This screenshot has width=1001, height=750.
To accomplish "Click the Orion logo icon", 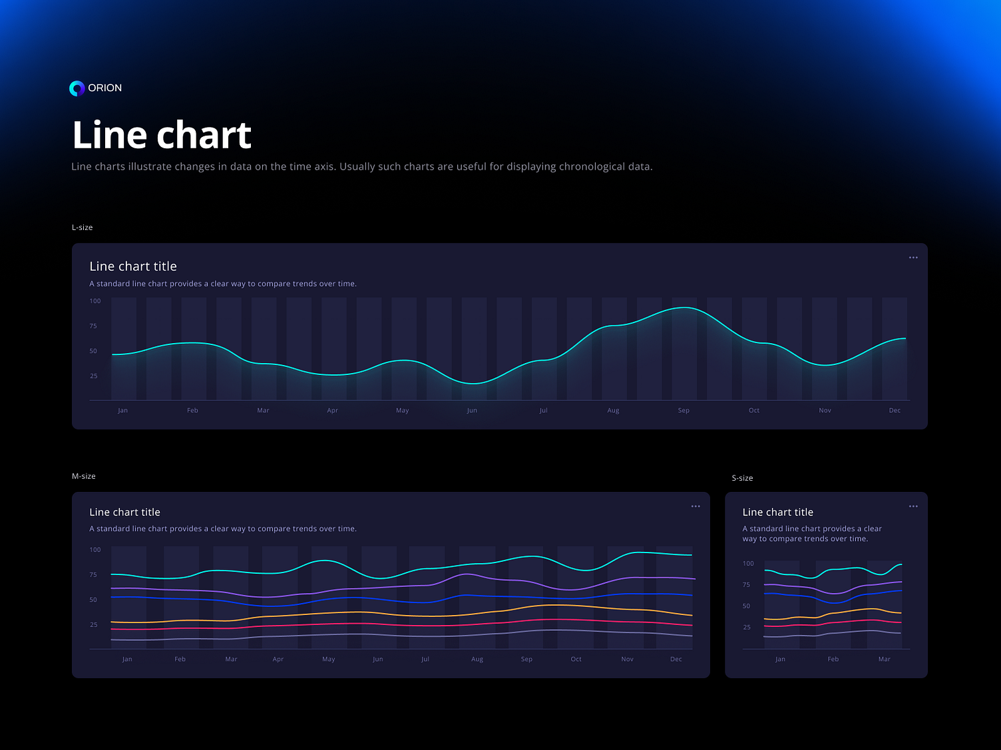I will click(x=77, y=88).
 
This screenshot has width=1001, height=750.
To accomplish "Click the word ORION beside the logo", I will click(x=105, y=88).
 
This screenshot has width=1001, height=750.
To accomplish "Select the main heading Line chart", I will click(x=162, y=135).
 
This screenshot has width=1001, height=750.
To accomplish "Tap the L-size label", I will click(x=83, y=227).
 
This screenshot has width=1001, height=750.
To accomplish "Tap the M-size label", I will click(x=84, y=476).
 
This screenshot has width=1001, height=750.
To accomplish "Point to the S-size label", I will click(x=742, y=478).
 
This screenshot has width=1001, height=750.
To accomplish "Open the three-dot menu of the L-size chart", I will click(x=913, y=257).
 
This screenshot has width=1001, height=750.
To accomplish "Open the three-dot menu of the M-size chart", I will click(x=696, y=506).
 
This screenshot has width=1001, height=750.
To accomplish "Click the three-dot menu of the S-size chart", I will click(x=913, y=506).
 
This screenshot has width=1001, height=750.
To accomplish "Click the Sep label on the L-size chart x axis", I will click(x=684, y=410).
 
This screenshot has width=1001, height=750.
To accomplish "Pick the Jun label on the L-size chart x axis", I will click(x=472, y=410).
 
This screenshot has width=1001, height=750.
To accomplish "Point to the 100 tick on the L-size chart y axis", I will click(x=95, y=301).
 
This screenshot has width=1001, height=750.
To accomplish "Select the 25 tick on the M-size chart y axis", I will click(x=94, y=624).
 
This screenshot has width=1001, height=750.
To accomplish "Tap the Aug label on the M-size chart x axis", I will click(x=477, y=659).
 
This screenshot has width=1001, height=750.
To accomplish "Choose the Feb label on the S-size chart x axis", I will click(x=833, y=659).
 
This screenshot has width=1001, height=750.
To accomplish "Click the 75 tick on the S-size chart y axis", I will click(x=747, y=584).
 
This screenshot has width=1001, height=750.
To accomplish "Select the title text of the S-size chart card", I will click(x=778, y=512).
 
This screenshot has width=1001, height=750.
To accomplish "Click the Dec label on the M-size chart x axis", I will click(x=676, y=659).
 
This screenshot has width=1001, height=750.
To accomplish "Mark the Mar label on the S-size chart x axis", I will click(x=884, y=659).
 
